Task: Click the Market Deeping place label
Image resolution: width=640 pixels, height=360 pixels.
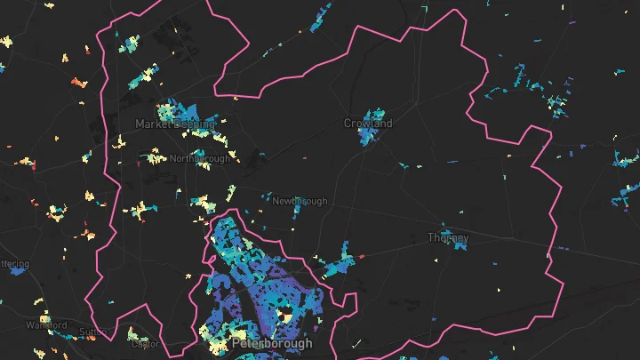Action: [x=174, y=124]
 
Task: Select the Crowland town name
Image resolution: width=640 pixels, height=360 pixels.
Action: [x=368, y=124]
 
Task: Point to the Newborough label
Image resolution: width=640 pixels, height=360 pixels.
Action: [x=300, y=202]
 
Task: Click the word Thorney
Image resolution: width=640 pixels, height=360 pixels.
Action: [x=447, y=238]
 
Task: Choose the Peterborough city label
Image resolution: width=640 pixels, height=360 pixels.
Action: [x=271, y=343]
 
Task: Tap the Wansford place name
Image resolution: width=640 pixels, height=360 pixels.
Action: [x=46, y=325]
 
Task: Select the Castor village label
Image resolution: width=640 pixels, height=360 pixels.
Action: [x=144, y=343]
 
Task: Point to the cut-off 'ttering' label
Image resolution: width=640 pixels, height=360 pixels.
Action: [x=14, y=264]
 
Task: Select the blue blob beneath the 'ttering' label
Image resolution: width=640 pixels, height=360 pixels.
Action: [x=15, y=274]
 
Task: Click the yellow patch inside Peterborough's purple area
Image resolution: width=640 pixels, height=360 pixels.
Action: [x=286, y=313]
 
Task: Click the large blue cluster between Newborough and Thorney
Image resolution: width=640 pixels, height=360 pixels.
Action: [x=338, y=263]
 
